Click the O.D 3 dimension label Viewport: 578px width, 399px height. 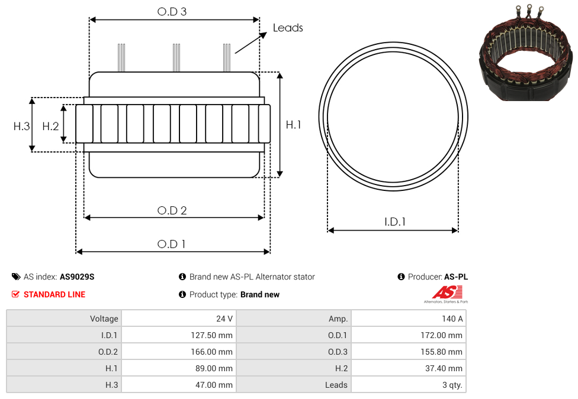pyautogui.click(x=172, y=12)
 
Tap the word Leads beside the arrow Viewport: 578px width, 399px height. pyautogui.click(x=288, y=28)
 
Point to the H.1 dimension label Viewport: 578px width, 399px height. pyautogui.click(x=293, y=125)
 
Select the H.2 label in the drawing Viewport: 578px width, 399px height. pyautogui.click(x=50, y=126)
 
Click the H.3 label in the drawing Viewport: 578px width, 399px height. pyautogui.click(x=22, y=126)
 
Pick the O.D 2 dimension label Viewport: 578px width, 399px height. pyautogui.click(x=172, y=210)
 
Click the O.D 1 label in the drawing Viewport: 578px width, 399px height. pyautogui.click(x=171, y=244)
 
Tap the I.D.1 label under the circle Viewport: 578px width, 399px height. pyautogui.click(x=395, y=222)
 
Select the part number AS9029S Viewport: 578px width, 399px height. pyautogui.click(x=77, y=277)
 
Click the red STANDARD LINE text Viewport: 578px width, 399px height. pyautogui.click(x=54, y=294)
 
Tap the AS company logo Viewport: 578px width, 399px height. pyautogui.click(x=446, y=294)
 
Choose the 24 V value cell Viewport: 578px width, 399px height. pyautogui.click(x=179, y=319)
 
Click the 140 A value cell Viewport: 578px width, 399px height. pyautogui.click(x=409, y=319)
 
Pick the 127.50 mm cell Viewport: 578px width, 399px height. pyautogui.click(x=179, y=335)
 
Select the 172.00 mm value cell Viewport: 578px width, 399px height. pyautogui.click(x=409, y=335)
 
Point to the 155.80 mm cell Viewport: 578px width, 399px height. pyautogui.click(x=409, y=352)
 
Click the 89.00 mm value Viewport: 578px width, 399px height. pyautogui.click(x=214, y=368)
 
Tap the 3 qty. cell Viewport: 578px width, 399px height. pyautogui.click(x=409, y=385)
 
